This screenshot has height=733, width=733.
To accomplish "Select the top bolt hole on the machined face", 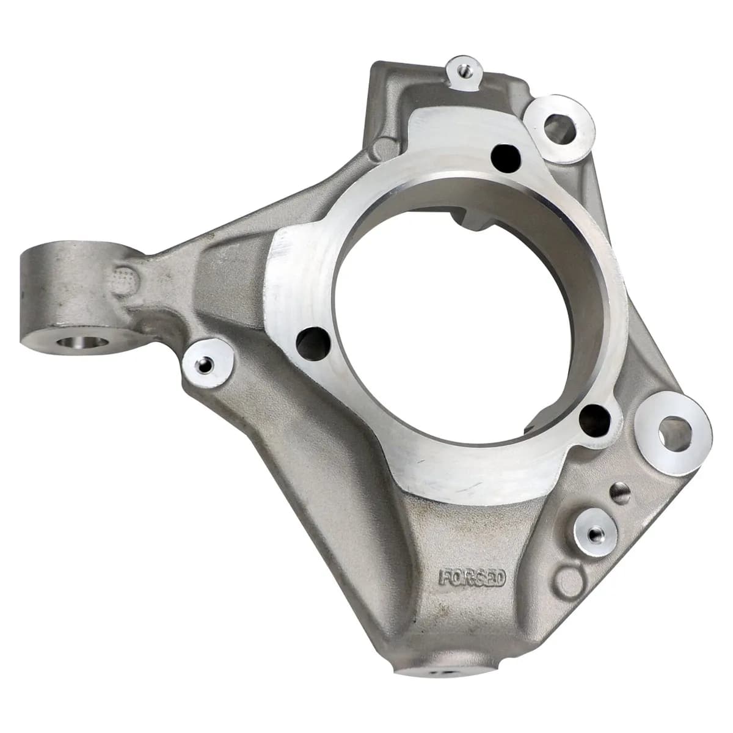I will [x=506, y=157].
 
